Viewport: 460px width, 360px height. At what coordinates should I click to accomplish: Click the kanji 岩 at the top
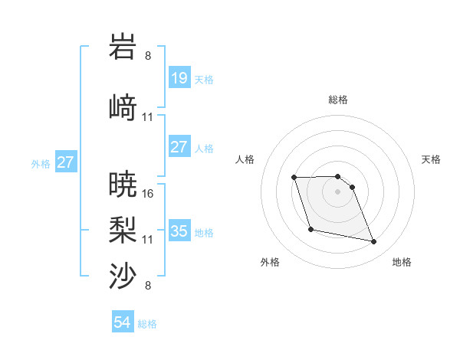[123, 47]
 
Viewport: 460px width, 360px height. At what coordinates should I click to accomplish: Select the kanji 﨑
[123, 107]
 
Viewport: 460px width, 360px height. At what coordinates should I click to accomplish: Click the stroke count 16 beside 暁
[148, 194]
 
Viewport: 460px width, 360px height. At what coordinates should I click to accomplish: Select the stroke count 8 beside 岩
[148, 56]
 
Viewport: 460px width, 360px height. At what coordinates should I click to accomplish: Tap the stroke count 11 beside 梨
[148, 240]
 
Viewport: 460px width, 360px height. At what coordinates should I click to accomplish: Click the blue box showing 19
[179, 77]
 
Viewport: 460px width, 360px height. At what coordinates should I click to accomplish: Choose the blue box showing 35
[179, 231]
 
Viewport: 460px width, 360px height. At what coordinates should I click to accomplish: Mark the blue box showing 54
[123, 322]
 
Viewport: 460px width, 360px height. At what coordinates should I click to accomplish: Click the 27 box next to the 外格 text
[65, 162]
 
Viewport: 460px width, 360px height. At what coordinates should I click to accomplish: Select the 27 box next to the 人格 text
[179, 147]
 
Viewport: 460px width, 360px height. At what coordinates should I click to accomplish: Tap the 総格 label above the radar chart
[337, 100]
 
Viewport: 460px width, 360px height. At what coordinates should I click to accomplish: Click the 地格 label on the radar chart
[402, 262]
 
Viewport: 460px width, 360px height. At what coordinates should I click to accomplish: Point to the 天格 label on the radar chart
[432, 159]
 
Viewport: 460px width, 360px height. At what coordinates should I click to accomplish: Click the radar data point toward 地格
[374, 242]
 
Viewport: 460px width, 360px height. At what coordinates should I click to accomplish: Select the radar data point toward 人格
[294, 178]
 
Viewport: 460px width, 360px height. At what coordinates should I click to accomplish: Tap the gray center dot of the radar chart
[337, 191]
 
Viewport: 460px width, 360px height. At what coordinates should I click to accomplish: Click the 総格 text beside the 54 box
[147, 324]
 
